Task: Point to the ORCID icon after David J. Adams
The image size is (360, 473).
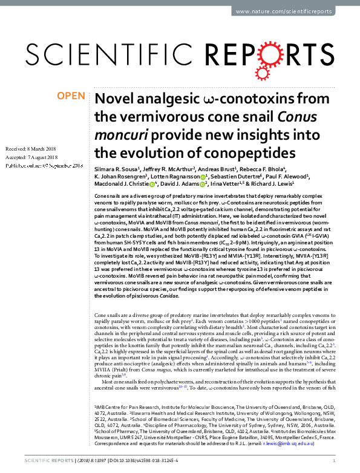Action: pos(203,184)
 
